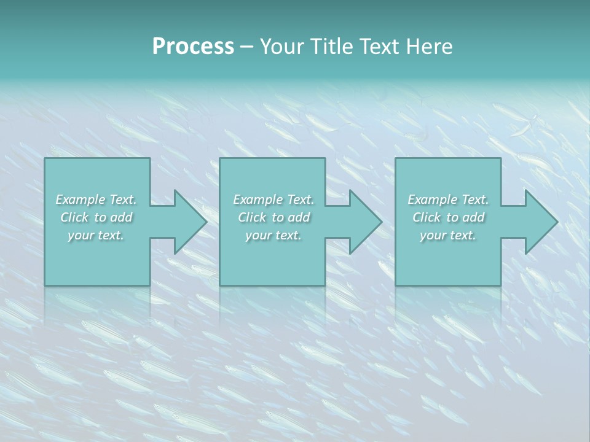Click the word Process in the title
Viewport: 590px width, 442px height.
[x=193, y=47]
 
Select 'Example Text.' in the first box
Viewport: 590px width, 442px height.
[x=96, y=200]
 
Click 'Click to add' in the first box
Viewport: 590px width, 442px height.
[x=96, y=217]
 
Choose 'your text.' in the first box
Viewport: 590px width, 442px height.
[x=96, y=235]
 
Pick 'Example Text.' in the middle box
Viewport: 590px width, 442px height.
[x=273, y=200]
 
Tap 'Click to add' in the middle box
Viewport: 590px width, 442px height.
[x=273, y=217]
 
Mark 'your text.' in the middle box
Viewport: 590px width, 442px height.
[x=273, y=235]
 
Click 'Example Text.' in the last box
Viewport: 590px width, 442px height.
[x=448, y=200]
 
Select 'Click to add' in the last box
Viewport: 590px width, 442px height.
[x=448, y=217]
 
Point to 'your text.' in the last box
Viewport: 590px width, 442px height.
[x=448, y=235]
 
